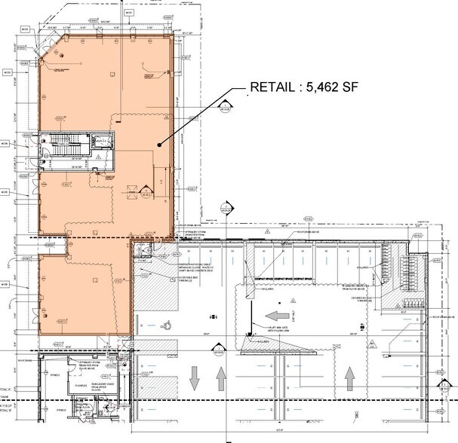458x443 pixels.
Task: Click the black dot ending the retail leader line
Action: coord(157,145)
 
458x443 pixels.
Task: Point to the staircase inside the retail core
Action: coord(60,147)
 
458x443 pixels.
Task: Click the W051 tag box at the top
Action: coord(128,13)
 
